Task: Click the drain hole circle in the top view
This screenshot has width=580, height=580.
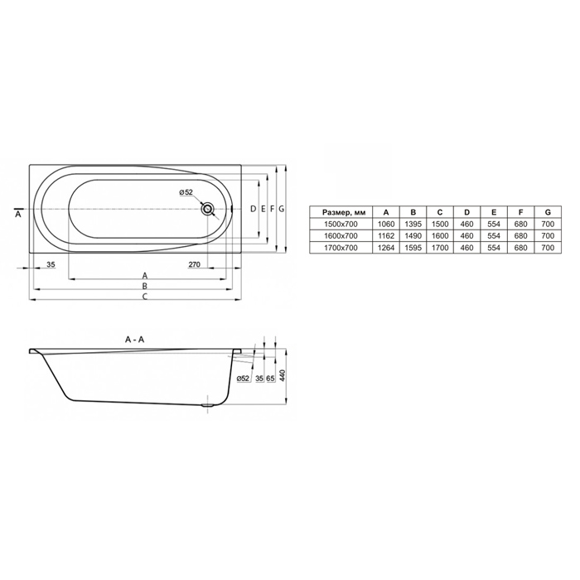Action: pyautogui.click(x=207, y=209)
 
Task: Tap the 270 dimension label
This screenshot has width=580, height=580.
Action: pyautogui.click(x=194, y=264)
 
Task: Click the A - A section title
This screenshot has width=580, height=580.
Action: pyautogui.click(x=134, y=339)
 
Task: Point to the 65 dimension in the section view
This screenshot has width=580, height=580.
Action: pyautogui.click(x=270, y=379)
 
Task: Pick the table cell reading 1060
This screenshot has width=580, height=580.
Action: pyautogui.click(x=386, y=224)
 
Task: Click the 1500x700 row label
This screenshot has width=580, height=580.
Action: pyautogui.click(x=341, y=224)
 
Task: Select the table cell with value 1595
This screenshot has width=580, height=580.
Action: pyautogui.click(x=413, y=248)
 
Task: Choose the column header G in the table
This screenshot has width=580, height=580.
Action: pyautogui.click(x=548, y=212)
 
